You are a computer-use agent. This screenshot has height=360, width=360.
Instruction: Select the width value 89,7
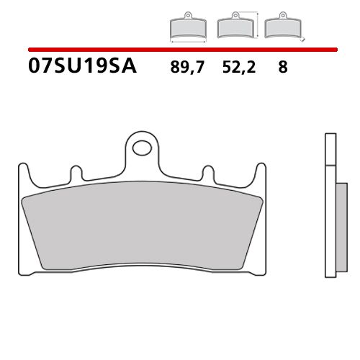[186, 69]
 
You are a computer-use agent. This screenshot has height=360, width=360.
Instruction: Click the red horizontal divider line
[180, 50]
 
